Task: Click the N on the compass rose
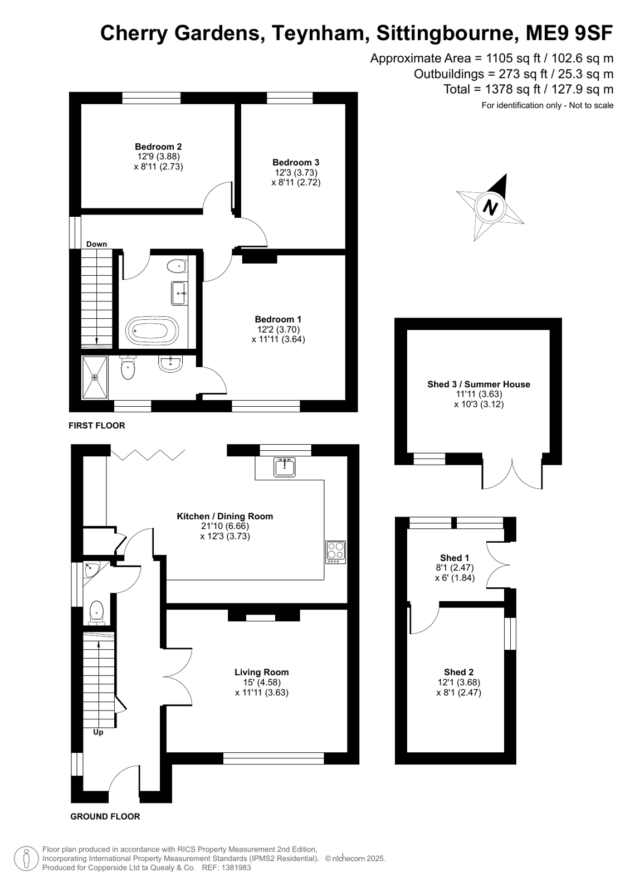coord(490,208)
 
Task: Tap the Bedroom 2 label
coord(158,147)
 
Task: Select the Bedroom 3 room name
coord(296,162)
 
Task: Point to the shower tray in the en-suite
coord(95,377)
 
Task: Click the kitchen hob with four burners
coord(335,552)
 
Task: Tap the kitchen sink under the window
coord(285,467)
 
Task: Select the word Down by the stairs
coord(97,244)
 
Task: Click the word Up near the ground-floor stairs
coord(98,732)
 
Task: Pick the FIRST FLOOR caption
coord(97,426)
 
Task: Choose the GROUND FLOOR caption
coord(105,816)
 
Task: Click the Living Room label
coord(261,672)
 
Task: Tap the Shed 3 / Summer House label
coord(478,384)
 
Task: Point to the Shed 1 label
coord(454,558)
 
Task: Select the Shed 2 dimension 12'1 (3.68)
coord(458,682)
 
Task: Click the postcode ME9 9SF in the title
coord(569,33)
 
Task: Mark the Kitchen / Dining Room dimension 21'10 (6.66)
coord(224,526)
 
